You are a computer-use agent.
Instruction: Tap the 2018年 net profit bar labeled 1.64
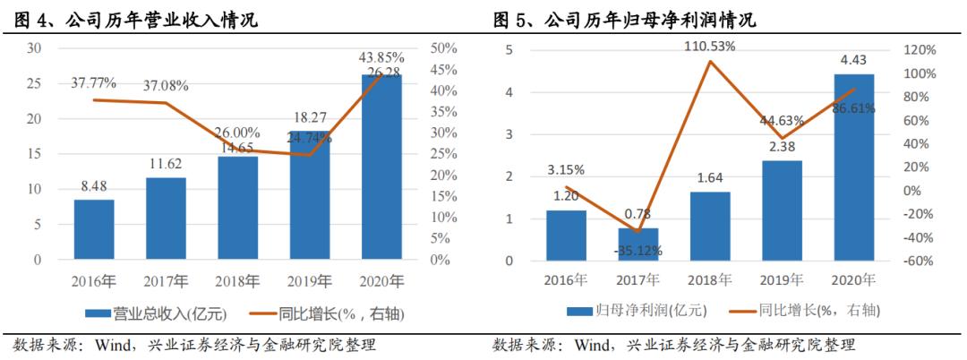pos(710,227)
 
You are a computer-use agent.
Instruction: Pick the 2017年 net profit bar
pos(638,244)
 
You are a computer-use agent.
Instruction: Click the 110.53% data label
pos(711,45)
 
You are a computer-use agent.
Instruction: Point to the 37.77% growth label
pos(93,83)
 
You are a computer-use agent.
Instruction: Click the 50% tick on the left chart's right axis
pos(445,48)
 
